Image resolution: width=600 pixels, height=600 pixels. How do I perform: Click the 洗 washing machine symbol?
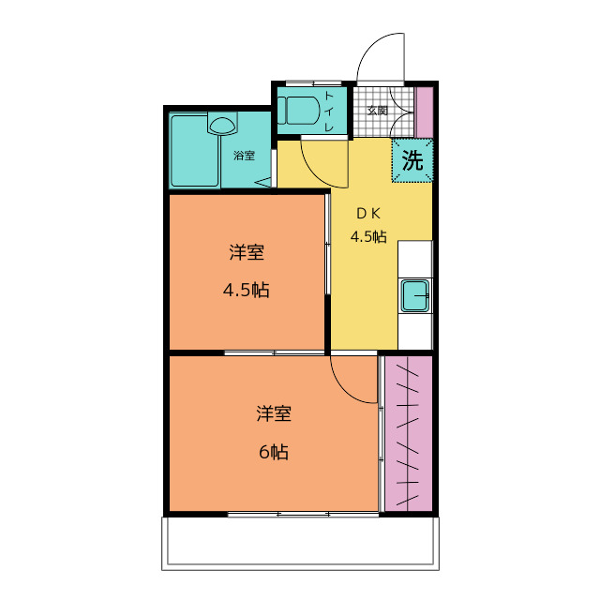(x=412, y=159)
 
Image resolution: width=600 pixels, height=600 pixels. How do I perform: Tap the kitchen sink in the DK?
(x=414, y=296)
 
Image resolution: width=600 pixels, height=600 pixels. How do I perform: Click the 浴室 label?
(x=244, y=156)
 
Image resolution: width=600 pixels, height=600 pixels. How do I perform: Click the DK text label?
(x=367, y=213)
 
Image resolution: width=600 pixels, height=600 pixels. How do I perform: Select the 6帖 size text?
(x=274, y=452)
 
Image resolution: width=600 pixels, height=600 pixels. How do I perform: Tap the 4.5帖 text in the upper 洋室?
(x=246, y=290)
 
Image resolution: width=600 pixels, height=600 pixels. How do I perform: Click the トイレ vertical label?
(x=329, y=111)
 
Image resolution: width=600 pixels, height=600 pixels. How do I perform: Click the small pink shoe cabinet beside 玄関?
(x=425, y=111)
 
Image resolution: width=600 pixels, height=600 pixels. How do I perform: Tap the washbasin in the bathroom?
(x=222, y=123)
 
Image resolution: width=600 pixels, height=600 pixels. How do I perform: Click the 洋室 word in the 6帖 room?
(x=274, y=412)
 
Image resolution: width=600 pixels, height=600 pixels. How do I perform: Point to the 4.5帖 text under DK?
(x=368, y=236)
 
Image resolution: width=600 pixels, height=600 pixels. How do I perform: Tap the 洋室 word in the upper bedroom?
(x=246, y=251)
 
